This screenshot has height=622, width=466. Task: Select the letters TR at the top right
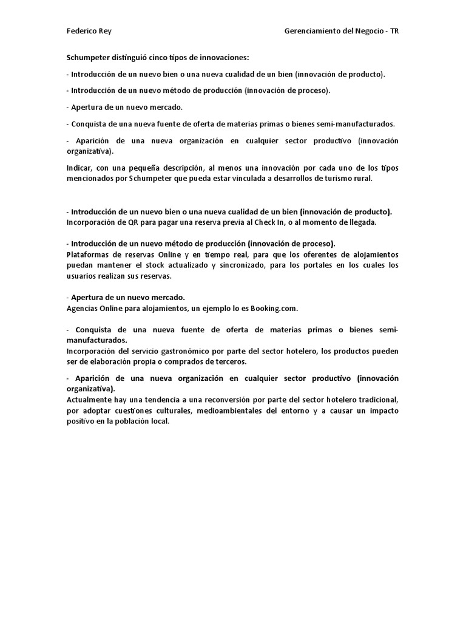395,31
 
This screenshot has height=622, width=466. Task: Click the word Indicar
79,168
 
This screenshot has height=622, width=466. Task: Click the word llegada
363,222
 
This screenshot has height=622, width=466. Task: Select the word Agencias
83,308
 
